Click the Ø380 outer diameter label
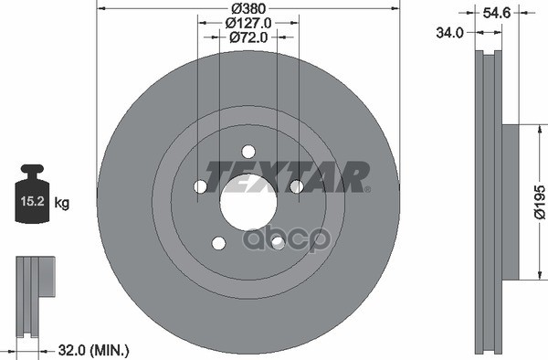tap(248, 7)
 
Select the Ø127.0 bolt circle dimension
tap(248, 23)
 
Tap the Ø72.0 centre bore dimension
tap(248, 37)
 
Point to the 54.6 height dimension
tap(497, 13)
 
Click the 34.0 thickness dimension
tap(449, 33)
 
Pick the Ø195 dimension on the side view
tap(540, 202)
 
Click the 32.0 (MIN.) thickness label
tap(94, 350)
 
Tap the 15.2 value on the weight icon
tap(32, 201)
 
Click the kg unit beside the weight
tap(62, 202)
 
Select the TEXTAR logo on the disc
tap(287, 177)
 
